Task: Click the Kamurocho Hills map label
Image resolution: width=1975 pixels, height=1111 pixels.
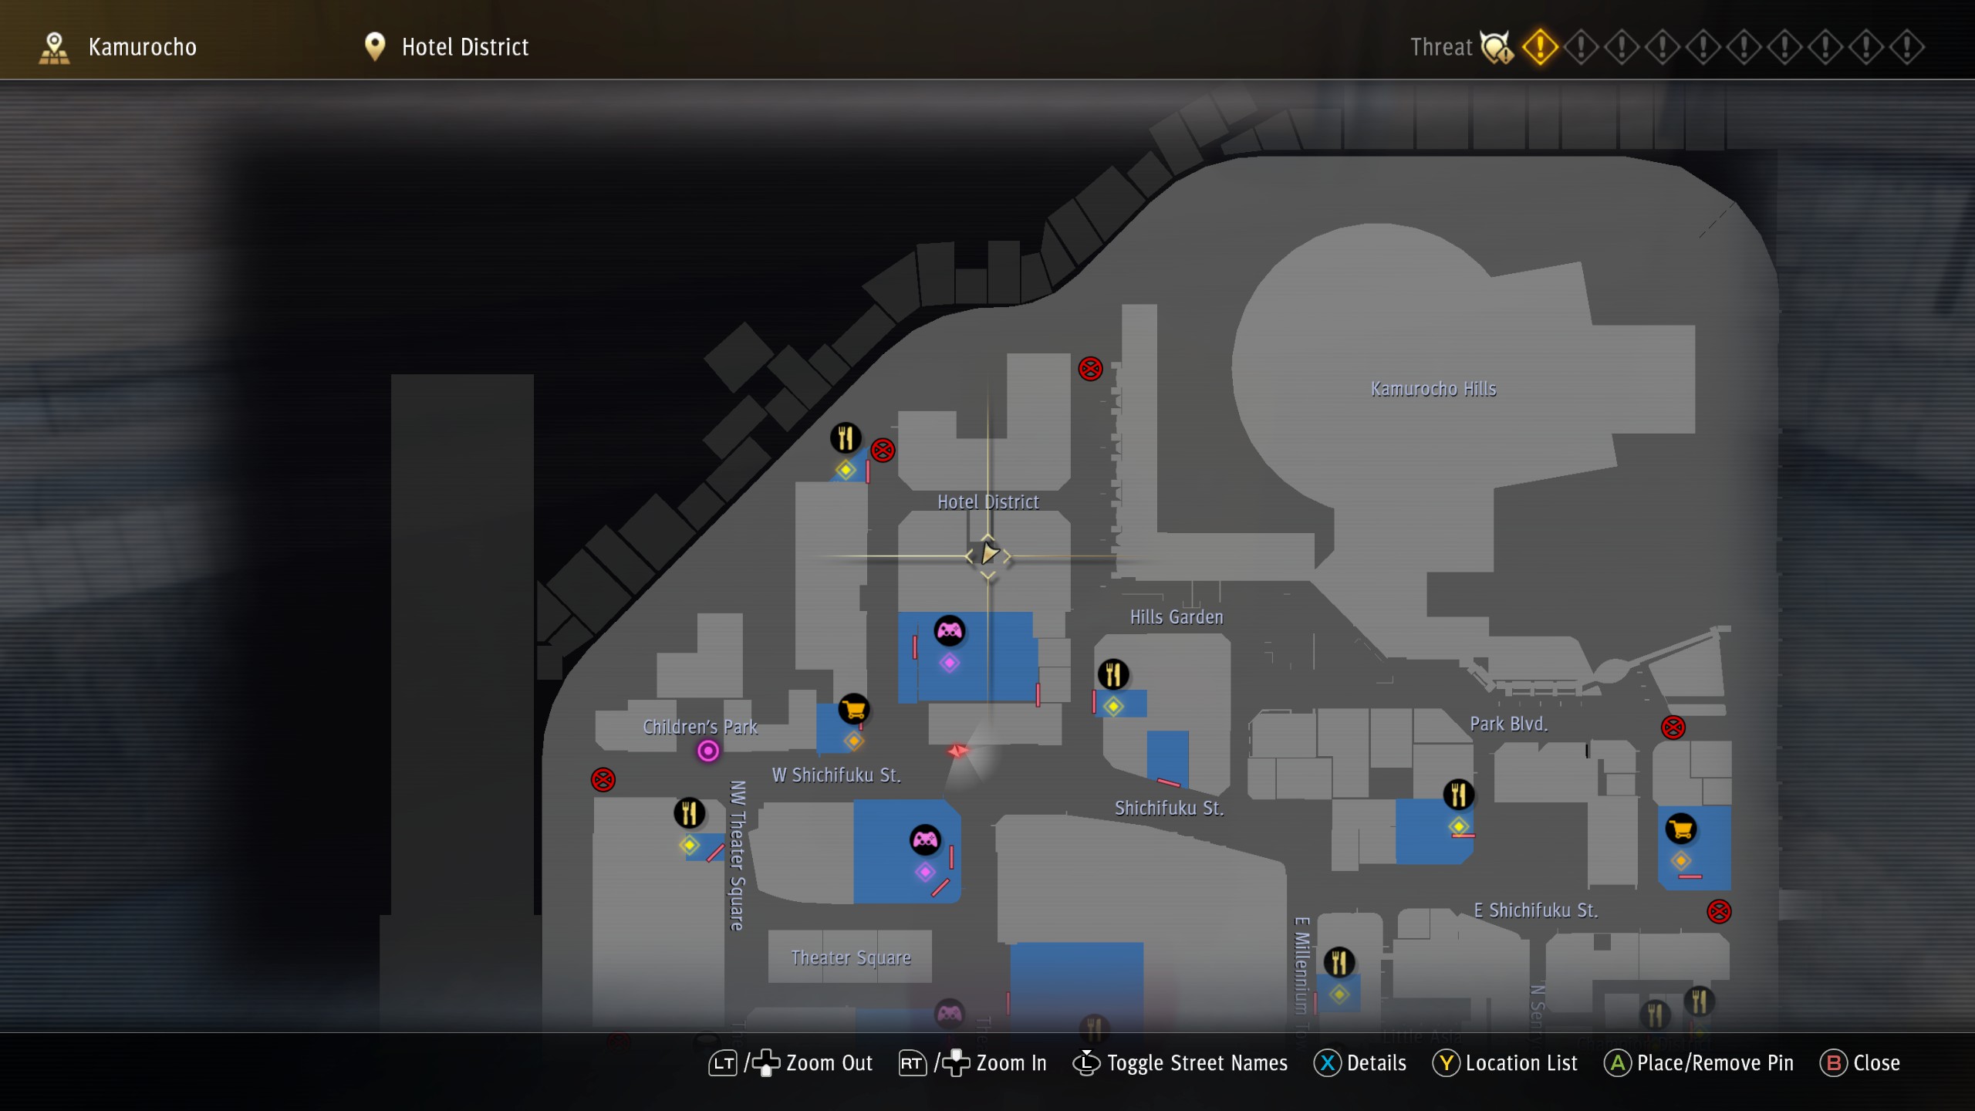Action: click(x=1433, y=389)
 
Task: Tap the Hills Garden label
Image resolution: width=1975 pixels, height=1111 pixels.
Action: click(x=1177, y=617)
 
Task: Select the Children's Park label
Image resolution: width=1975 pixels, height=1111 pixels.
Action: click(x=700, y=727)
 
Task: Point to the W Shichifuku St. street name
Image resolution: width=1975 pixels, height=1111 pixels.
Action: click(x=836, y=775)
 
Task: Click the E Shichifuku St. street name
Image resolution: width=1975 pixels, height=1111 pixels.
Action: click(x=1535, y=910)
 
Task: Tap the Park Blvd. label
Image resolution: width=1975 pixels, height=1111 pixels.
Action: click(x=1508, y=724)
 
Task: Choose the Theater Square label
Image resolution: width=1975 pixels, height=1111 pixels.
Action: click(x=851, y=958)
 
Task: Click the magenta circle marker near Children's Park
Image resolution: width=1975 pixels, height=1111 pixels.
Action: click(x=708, y=751)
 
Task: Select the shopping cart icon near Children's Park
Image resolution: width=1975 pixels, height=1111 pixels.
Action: click(x=854, y=709)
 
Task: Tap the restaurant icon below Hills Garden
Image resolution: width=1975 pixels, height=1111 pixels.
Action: click(x=1112, y=674)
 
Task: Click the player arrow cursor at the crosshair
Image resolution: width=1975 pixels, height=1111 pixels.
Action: click(x=988, y=554)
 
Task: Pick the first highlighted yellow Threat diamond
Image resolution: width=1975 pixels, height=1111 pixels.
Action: click(x=1539, y=47)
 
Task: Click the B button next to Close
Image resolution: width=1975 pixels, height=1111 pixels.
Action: click(x=1834, y=1063)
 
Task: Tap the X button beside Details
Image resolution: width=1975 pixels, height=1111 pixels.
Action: click(x=1327, y=1063)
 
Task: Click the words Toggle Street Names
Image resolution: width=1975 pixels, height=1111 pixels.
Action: click(x=1197, y=1063)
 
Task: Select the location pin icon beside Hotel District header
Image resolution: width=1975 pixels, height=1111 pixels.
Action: click(x=375, y=46)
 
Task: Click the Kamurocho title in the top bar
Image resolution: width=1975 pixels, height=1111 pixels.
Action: click(x=143, y=47)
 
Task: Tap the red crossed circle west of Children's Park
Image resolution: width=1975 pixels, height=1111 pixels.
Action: click(x=603, y=780)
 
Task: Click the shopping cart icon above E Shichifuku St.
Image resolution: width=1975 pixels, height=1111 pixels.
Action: click(x=1681, y=829)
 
